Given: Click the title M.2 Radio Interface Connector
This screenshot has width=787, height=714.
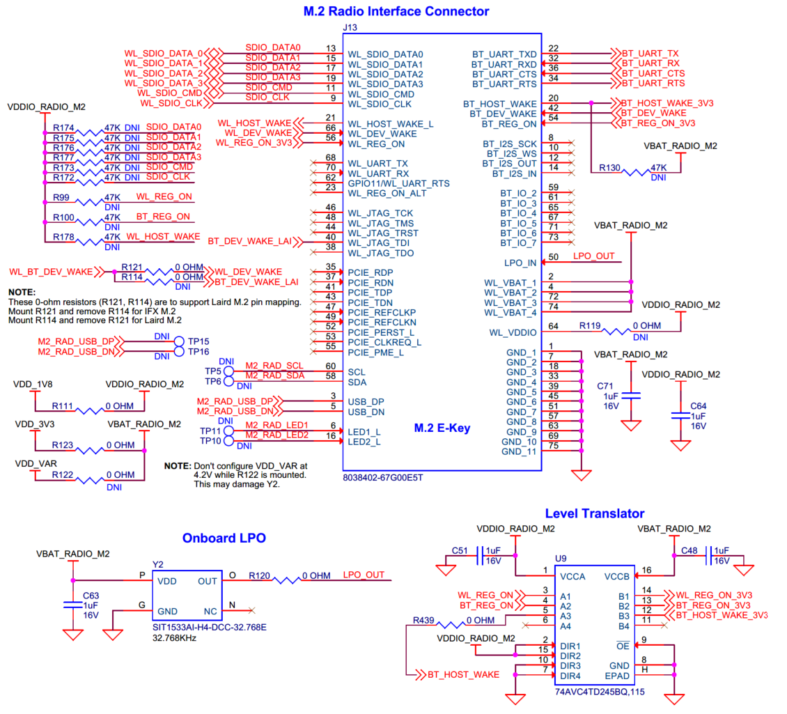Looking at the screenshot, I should point(396,11).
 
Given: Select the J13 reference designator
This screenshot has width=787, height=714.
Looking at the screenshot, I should point(350,27).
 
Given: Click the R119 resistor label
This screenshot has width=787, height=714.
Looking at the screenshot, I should point(589,325).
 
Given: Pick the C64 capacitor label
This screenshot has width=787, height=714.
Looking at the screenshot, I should point(698,405).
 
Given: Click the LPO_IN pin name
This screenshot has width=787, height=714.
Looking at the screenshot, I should point(520,263).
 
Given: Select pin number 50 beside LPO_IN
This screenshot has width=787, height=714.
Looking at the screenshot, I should point(554,257).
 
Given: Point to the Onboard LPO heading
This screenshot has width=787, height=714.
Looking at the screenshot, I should point(224,538).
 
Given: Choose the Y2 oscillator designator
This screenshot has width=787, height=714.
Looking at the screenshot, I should point(158,564).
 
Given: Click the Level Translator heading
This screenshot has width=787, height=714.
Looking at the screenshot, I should point(594,513).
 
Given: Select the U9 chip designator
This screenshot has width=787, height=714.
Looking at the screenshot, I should point(561,558).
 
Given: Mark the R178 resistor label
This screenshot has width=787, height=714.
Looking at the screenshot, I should point(63,237).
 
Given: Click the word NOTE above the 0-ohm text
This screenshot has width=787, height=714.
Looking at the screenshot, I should point(21,291).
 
